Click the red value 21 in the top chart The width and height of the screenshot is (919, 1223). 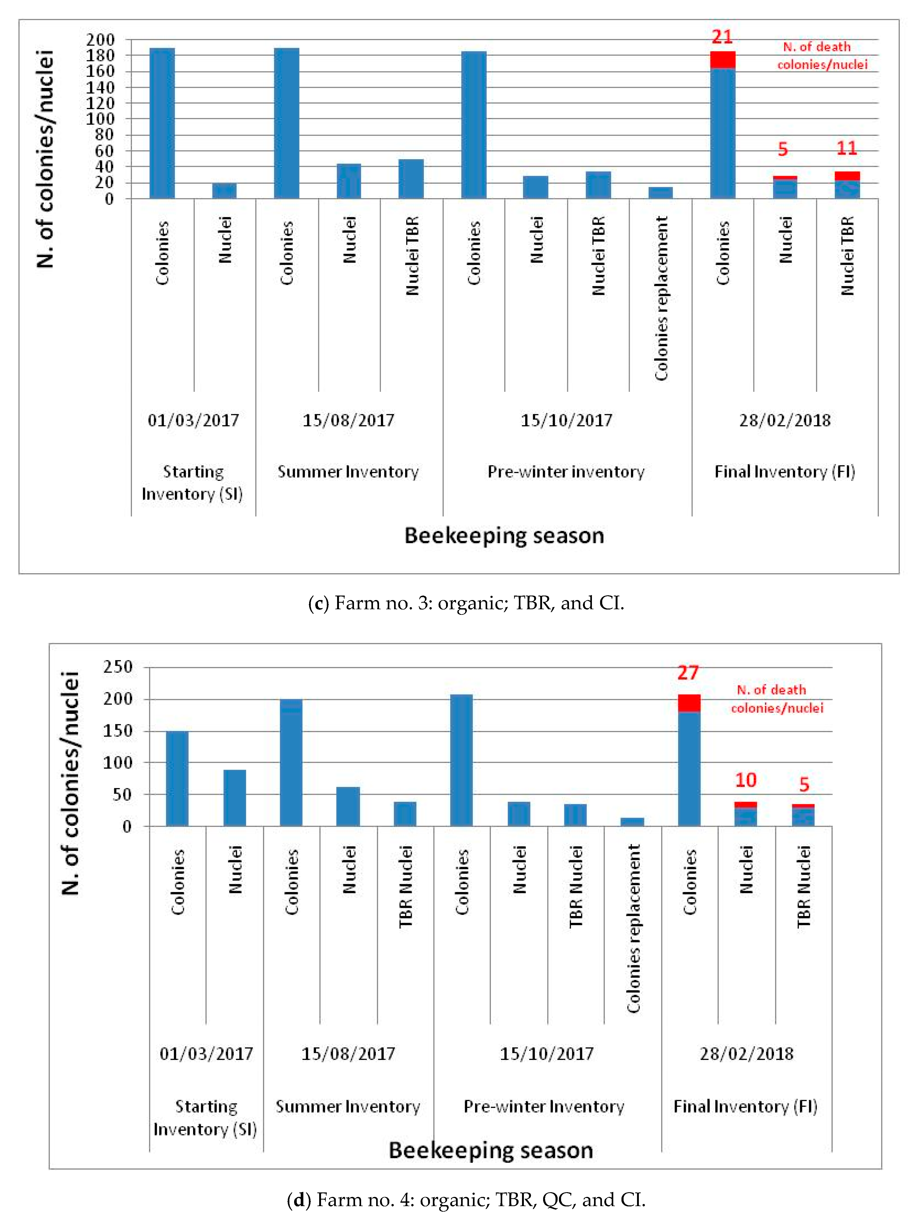722,37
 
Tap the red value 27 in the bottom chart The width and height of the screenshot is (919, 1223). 688,673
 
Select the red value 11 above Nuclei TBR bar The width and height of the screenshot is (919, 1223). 846,148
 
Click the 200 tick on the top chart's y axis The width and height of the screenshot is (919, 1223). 100,40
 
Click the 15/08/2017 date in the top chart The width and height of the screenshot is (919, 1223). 348,420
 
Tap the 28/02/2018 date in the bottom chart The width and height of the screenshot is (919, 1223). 746,1054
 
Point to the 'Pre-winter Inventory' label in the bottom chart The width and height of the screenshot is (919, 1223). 544,1106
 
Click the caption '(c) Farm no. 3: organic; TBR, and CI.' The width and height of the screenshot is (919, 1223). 466,603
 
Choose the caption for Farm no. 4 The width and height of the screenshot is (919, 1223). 466,1200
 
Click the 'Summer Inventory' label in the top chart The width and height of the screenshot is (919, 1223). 348,472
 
